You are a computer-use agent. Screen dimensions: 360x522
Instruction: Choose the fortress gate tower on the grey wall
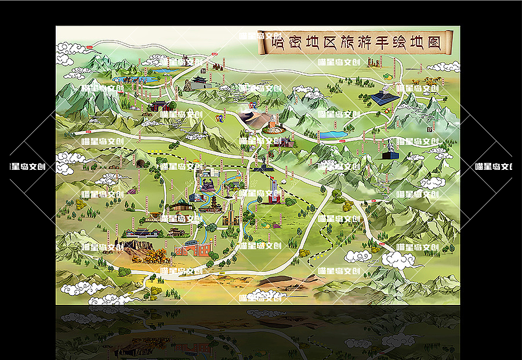tap(199, 82)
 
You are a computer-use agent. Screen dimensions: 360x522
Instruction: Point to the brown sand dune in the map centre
tap(255, 119)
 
